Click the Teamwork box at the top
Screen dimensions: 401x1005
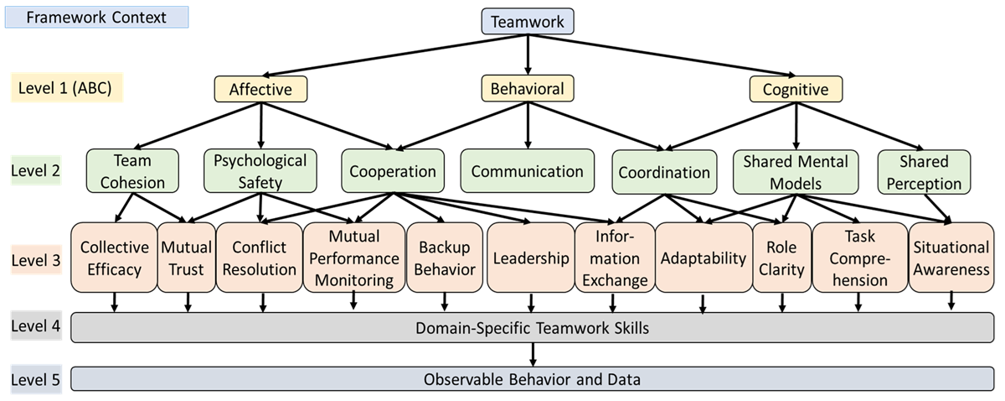[x=528, y=21]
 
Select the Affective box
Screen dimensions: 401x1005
[x=261, y=89]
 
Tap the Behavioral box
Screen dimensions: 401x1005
[x=528, y=89]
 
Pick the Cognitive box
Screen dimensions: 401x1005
[x=796, y=89]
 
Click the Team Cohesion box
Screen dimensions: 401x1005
[x=131, y=171]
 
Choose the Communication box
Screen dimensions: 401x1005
[x=528, y=172]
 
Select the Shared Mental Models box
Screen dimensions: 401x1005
[x=796, y=171]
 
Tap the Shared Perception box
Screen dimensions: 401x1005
[x=924, y=171]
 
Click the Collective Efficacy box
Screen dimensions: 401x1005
[x=114, y=258]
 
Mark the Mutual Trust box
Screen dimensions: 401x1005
[x=187, y=258]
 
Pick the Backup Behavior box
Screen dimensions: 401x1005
[x=444, y=258]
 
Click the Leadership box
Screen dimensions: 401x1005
[x=531, y=258]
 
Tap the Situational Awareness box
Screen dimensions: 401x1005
[x=951, y=258]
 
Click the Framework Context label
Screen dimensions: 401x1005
[x=96, y=17]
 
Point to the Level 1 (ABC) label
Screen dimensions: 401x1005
[x=65, y=88]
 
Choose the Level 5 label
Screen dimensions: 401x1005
[x=35, y=380]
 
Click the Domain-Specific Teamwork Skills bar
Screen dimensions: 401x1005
[x=532, y=328]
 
